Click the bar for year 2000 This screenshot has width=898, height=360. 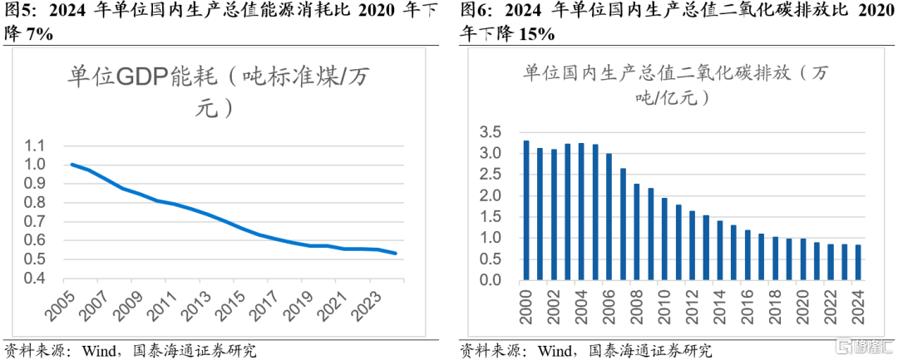525,210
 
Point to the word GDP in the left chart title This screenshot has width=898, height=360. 141,77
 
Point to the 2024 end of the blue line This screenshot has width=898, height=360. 395,254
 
